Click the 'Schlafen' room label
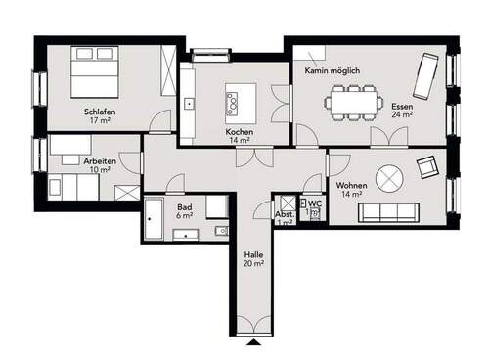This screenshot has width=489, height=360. pos(101,112)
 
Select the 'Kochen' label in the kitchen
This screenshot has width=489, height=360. pos(240,131)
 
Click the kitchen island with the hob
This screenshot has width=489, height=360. pos(240,98)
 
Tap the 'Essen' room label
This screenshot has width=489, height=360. pos(402,106)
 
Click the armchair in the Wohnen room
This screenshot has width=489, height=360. pos(427,168)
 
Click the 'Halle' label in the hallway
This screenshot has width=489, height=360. pos(254,254)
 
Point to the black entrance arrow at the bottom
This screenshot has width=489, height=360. pos(254,341)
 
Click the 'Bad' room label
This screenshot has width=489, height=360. pos(184,207)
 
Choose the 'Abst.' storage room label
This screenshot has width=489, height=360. pos(285,214)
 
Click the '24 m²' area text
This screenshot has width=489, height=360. pos(402,114)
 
